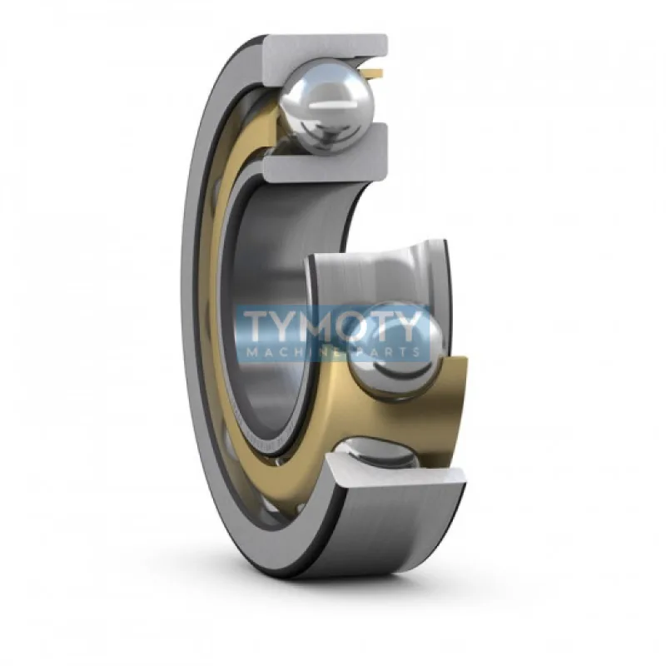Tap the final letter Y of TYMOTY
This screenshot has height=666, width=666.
[416, 326]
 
